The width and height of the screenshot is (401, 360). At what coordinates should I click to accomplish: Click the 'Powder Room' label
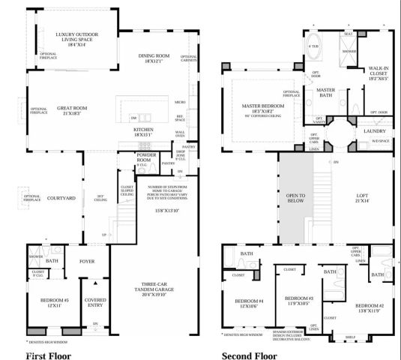click(x=145, y=158)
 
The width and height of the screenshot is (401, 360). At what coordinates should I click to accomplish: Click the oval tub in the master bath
click(x=314, y=43)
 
